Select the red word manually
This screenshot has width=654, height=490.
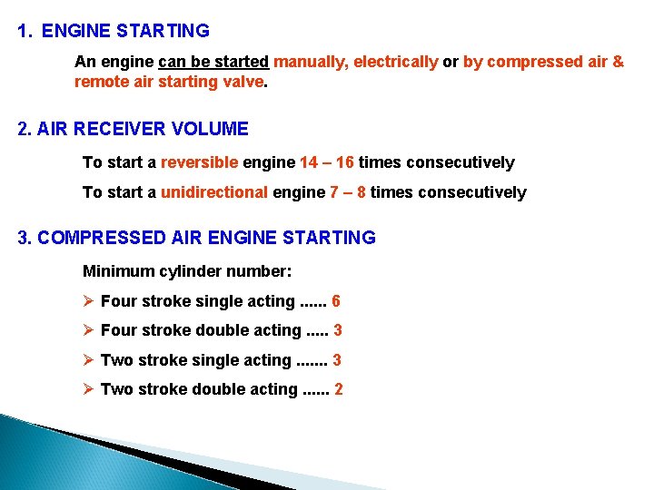point(311,62)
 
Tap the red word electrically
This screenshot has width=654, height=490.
point(395,62)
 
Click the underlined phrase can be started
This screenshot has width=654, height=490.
point(213,62)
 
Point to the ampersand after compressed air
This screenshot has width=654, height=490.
point(618,62)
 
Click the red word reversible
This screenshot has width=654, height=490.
point(199,162)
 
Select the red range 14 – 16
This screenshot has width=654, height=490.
point(327,162)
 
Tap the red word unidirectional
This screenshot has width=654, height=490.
point(213,192)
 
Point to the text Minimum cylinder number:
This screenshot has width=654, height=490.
point(187,270)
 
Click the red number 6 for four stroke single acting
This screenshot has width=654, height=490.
point(336,301)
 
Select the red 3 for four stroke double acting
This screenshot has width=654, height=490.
point(337,330)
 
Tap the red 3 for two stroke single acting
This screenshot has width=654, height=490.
point(337,360)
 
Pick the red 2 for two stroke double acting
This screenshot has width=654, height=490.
point(339,389)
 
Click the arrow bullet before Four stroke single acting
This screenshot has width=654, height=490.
point(89,301)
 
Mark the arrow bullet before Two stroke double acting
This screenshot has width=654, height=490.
point(89,389)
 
